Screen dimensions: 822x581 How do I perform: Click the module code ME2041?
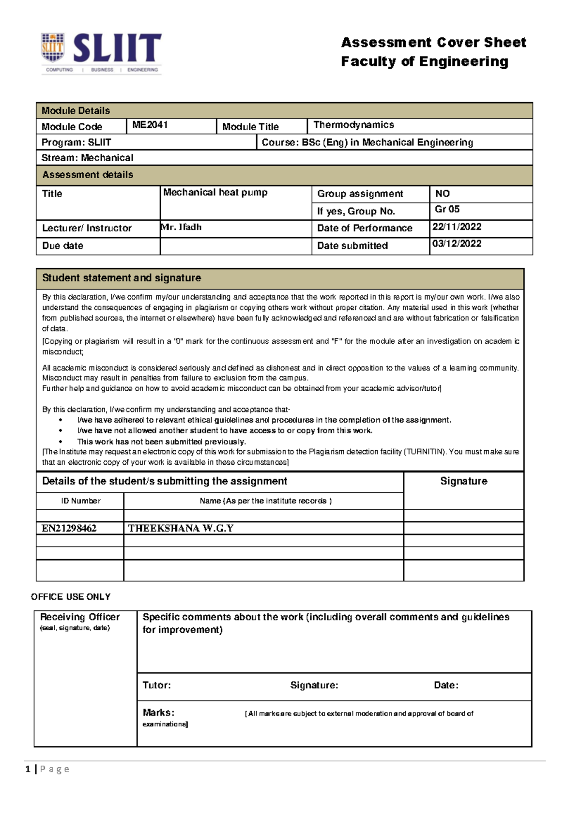tap(150, 125)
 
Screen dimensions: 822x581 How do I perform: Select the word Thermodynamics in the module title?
tap(353, 125)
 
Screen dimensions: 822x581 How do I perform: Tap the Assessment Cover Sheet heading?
tap(433, 43)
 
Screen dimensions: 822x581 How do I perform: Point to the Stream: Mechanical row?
tap(87, 158)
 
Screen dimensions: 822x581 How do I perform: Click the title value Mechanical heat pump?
tap(215, 193)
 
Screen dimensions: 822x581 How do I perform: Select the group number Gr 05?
tap(447, 209)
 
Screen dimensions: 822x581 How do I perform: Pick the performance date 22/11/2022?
tap(457, 227)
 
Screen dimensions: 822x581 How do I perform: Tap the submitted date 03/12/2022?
tap(457, 244)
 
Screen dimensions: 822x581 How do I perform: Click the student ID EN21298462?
tap(69, 528)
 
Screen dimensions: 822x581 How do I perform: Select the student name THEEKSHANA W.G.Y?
tap(181, 528)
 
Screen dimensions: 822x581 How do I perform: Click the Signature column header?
tap(463, 481)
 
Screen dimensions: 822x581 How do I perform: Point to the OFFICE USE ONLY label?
tap(71, 597)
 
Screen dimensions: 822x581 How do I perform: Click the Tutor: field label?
tap(156, 685)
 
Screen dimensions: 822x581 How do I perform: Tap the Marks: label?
tap(158, 713)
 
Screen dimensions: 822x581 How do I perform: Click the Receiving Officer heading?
tap(80, 617)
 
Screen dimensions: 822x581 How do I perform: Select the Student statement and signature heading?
tap(122, 278)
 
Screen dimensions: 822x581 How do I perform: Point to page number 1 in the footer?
tap(28, 769)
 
